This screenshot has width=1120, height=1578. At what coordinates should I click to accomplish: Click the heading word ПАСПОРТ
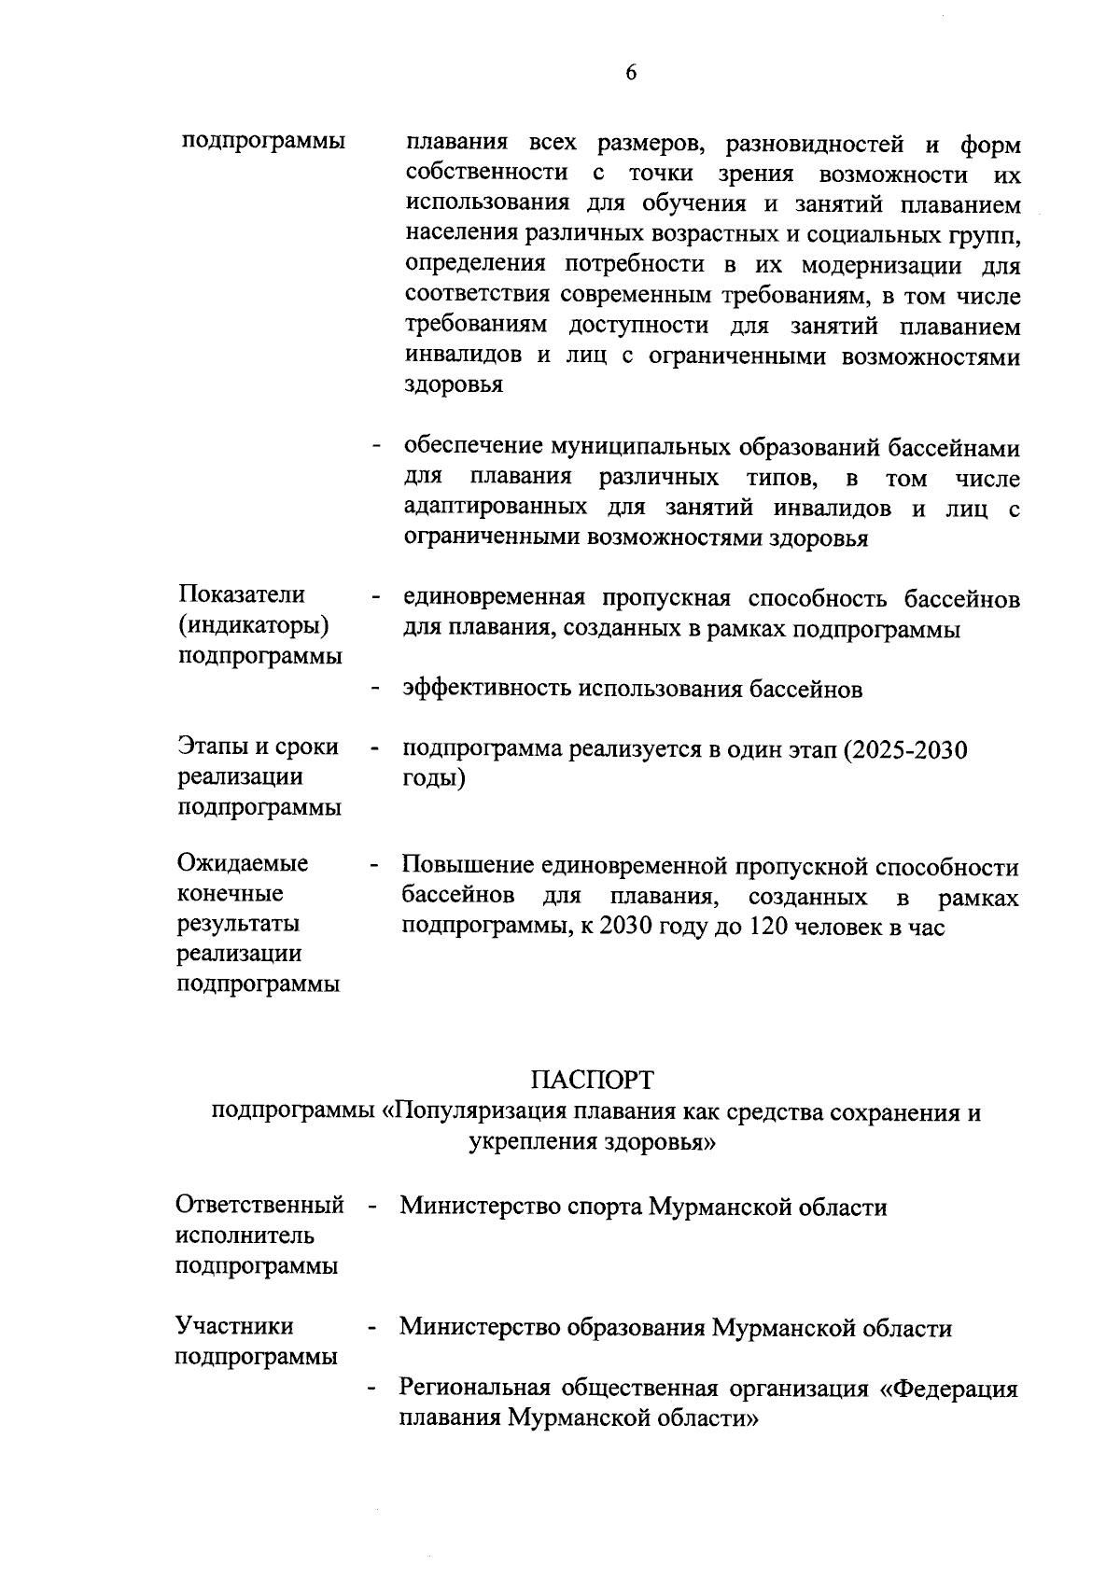pos(593,1080)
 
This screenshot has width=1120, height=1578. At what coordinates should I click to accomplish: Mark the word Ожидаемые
pos(243,863)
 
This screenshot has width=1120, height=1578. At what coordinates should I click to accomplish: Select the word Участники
pos(234,1326)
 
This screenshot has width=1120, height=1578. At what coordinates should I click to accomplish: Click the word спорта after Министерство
pos(604,1207)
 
